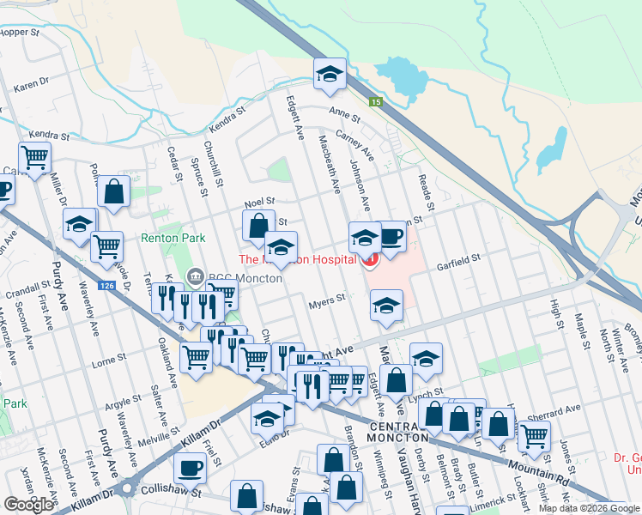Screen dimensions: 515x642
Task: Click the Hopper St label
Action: coord(21,32)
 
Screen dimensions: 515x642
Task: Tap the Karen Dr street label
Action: coord(32,86)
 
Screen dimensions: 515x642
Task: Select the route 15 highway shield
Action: coord(375,102)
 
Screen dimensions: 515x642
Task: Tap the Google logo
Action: coord(28,505)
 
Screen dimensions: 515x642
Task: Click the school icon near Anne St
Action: coord(330,76)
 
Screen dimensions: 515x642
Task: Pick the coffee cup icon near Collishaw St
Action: coord(190,469)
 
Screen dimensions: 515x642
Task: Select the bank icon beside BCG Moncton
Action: coord(194,276)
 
